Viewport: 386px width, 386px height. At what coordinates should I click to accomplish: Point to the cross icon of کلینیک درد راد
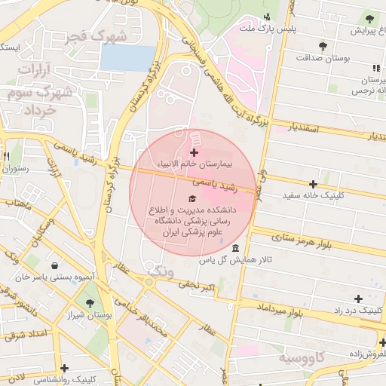coord(358,299)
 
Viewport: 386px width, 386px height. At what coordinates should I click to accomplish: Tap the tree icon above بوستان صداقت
coord(323,46)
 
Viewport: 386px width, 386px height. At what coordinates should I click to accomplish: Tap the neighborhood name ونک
coord(161,269)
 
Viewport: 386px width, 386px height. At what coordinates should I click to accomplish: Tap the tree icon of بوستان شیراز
coord(90,304)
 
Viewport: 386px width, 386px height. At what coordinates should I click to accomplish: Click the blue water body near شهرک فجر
coord(127,58)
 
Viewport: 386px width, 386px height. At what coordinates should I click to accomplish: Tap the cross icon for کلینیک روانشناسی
coord(65,369)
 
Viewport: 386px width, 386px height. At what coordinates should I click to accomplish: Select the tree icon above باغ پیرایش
coord(369,18)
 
